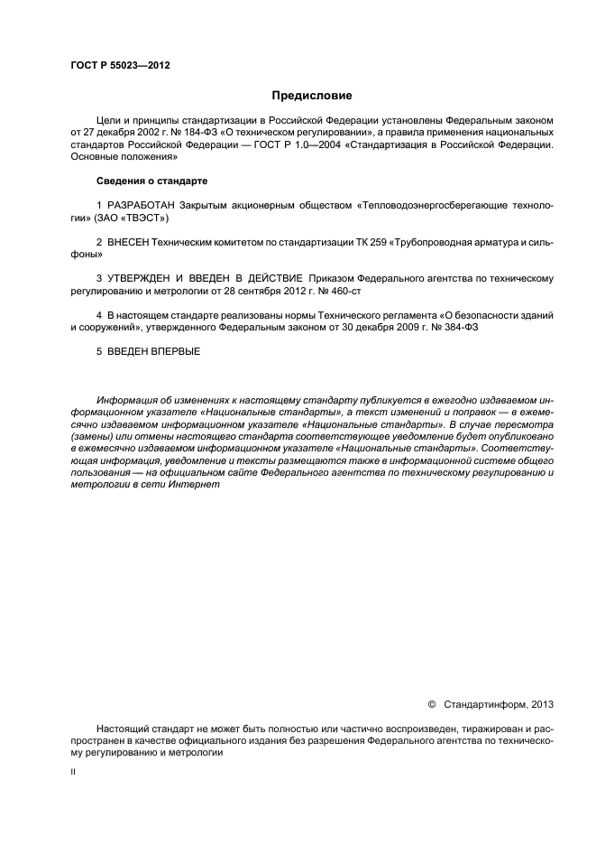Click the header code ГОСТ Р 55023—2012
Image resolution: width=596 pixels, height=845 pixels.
click(x=120, y=66)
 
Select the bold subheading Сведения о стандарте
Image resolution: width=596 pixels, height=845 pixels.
click(x=151, y=181)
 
